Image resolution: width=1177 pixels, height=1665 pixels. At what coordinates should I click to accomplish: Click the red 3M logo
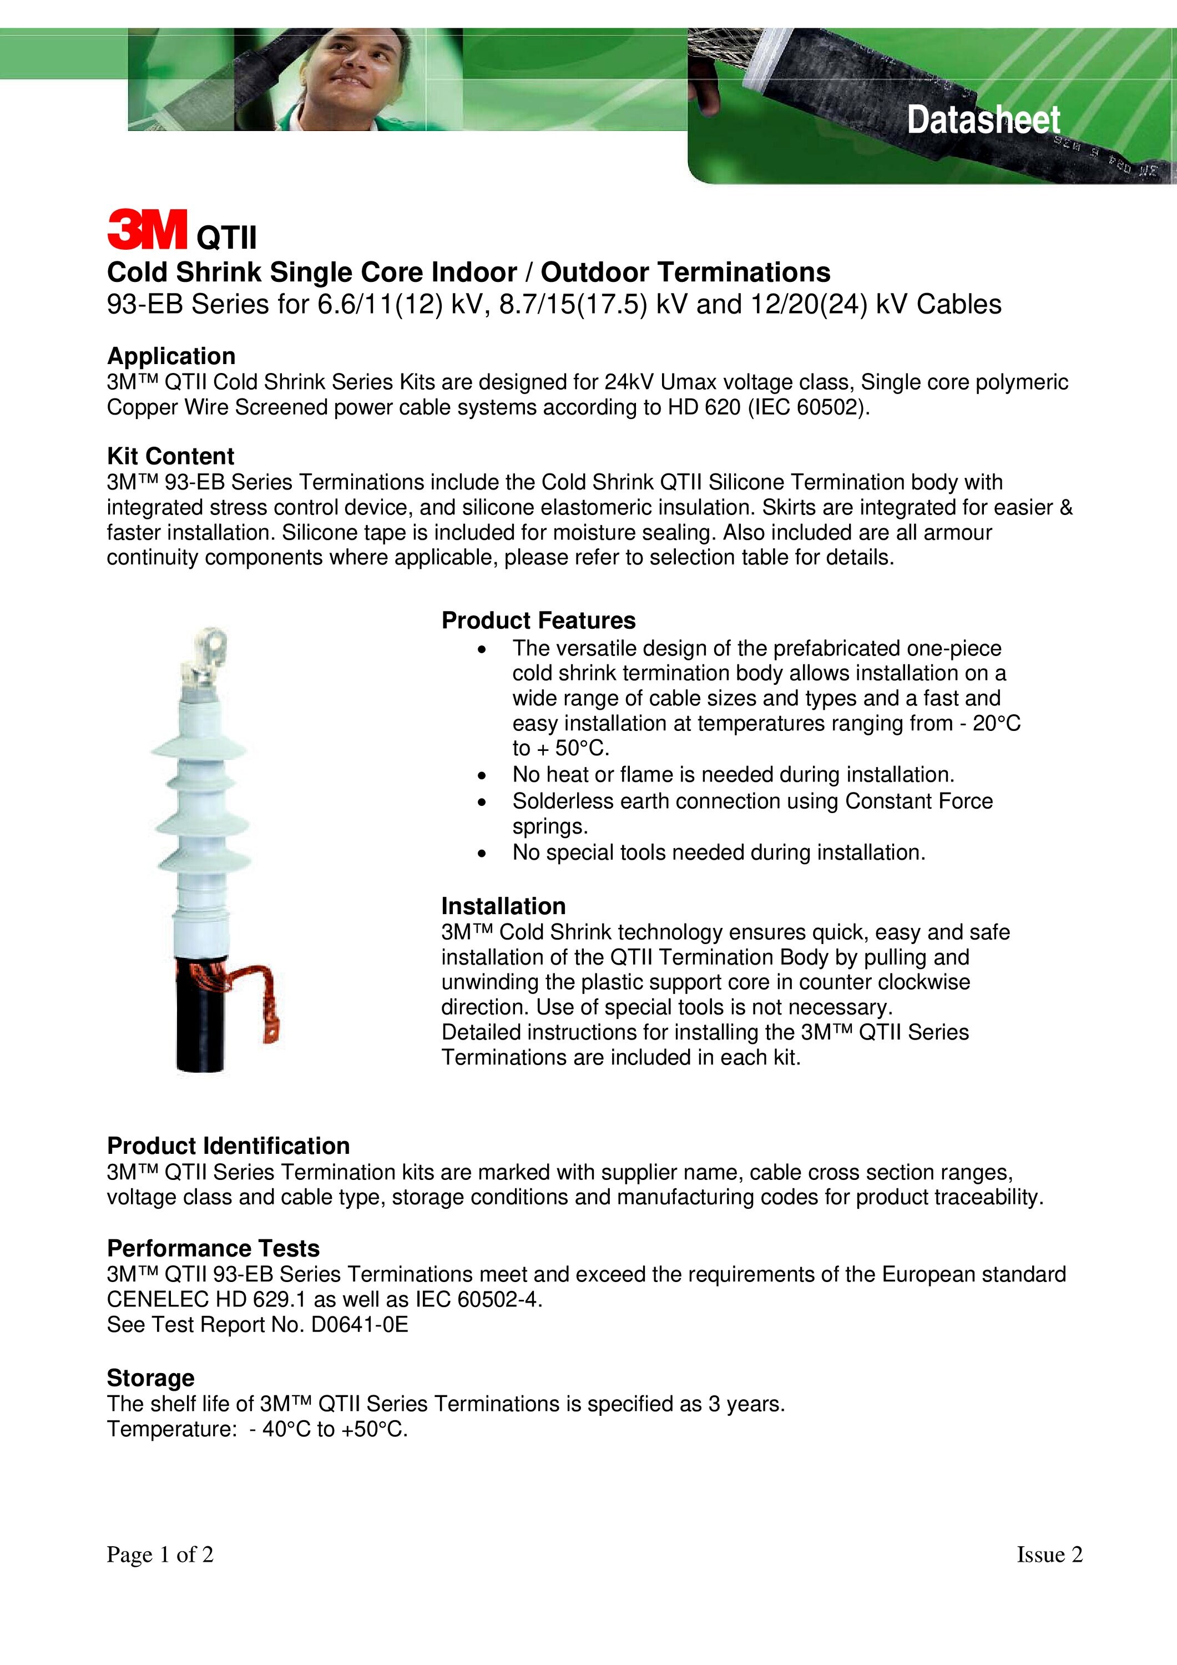click(147, 229)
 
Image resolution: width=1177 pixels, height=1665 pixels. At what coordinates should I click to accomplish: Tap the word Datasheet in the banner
click(983, 120)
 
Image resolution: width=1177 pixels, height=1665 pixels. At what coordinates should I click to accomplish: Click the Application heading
click(171, 356)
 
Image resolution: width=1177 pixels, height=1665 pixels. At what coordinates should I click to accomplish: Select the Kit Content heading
click(170, 456)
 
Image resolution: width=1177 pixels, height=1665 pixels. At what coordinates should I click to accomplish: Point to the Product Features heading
click(538, 620)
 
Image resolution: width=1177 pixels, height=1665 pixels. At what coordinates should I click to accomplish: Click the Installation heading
click(503, 906)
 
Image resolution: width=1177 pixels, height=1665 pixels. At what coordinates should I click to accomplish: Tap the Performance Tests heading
click(213, 1248)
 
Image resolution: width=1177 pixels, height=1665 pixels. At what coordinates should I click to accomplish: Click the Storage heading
click(151, 1378)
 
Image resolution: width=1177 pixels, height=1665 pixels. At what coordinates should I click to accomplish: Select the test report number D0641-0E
click(360, 1325)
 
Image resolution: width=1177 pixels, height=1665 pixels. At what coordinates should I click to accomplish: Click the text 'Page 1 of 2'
click(160, 1554)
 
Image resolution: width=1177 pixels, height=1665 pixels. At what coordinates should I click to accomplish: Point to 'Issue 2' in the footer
click(1049, 1554)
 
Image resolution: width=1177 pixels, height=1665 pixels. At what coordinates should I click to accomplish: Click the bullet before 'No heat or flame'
click(482, 776)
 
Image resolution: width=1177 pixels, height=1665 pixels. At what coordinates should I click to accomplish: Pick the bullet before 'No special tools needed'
click(482, 854)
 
